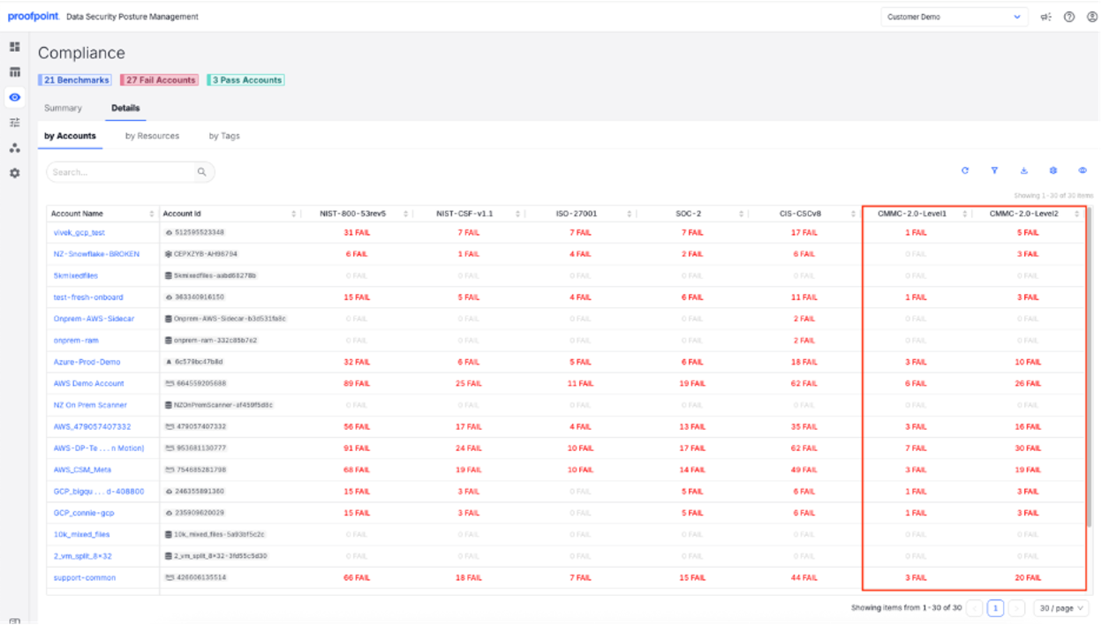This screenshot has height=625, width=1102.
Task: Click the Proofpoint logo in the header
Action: (x=34, y=17)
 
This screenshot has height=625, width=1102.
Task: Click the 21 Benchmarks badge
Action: (x=76, y=80)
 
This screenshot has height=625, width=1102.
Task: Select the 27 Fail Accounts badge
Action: (x=160, y=80)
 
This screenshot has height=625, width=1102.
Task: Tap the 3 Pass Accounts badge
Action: (x=245, y=80)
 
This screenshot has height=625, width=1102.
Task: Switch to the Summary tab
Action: (x=63, y=109)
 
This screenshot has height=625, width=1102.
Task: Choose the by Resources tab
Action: (x=152, y=136)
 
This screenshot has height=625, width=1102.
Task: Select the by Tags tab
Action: (x=224, y=136)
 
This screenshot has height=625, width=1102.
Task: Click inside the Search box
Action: (x=122, y=172)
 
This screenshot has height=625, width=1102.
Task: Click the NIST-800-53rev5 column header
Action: (x=352, y=214)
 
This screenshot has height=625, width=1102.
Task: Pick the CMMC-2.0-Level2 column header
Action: (x=1023, y=214)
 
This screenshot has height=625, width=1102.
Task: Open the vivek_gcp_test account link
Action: (x=79, y=233)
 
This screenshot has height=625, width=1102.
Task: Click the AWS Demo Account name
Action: (x=89, y=384)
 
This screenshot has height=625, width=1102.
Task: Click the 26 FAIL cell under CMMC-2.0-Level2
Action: (x=1027, y=384)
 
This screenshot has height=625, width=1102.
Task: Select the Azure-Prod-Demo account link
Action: (x=87, y=362)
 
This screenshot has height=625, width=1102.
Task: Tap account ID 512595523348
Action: (x=200, y=233)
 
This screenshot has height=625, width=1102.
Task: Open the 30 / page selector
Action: (x=1060, y=608)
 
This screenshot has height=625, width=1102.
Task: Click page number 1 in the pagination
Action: (x=995, y=608)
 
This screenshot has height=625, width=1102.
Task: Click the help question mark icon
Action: (x=1069, y=17)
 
